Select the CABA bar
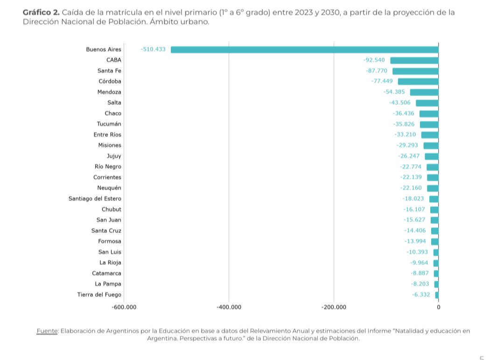[x=414, y=60]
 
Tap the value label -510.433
[x=153, y=49]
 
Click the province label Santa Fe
[x=109, y=71]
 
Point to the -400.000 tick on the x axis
[x=229, y=307]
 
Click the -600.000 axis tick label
[x=124, y=307]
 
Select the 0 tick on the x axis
[x=438, y=307]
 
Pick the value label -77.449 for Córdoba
[x=382, y=82]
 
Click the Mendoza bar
[x=424, y=92]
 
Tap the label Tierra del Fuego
[x=99, y=295]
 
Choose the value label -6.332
[x=421, y=295]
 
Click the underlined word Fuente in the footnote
[x=47, y=331]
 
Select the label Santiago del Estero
[x=95, y=199]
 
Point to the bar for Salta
[x=427, y=103]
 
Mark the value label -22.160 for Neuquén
[x=411, y=188]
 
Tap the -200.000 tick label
[x=334, y=307]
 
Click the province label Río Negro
[x=108, y=166]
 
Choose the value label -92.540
[x=374, y=60]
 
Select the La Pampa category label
[x=108, y=284]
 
